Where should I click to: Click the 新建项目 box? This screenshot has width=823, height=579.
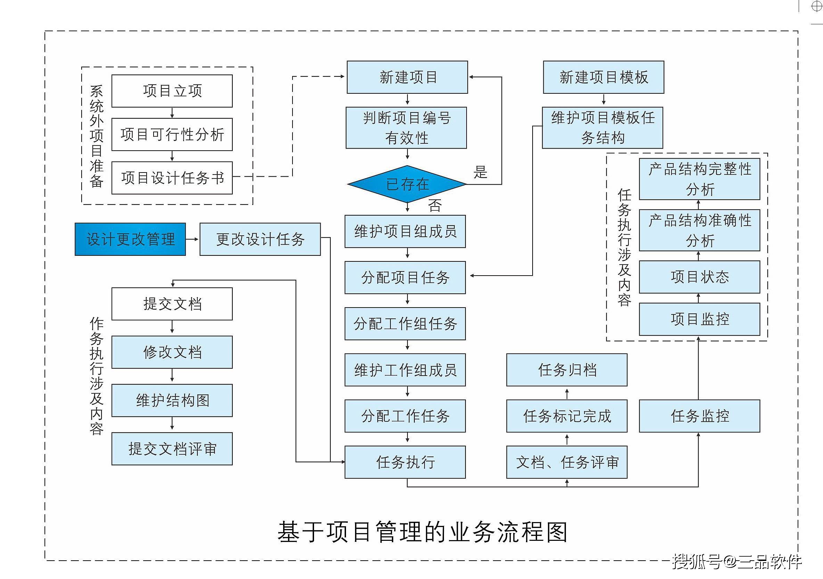coord(407,77)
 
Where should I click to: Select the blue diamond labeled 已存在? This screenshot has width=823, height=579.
coord(407,184)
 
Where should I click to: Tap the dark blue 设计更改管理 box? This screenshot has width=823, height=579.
coord(130,239)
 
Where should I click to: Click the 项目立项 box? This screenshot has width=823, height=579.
coord(172,91)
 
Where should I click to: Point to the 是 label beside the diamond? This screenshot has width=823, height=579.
coord(480,172)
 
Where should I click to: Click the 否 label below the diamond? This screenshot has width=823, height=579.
coord(435,205)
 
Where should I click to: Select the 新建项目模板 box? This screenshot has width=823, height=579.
coord(603,77)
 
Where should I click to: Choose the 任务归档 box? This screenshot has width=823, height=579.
coord(567,370)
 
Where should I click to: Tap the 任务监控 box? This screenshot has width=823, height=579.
coord(699,416)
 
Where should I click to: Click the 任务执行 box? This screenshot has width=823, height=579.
coord(405,462)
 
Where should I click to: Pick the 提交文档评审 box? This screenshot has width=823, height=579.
coord(172,449)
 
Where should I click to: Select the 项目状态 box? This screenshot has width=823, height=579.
coord(699,277)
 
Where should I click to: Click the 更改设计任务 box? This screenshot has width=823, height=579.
coord(260,239)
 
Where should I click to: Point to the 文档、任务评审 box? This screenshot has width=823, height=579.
coord(567,462)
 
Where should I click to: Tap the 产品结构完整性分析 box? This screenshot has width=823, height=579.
coord(699,179)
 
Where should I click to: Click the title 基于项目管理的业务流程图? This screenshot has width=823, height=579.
coord(422,532)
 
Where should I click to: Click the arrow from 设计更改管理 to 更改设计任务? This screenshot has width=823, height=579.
coord(192,239)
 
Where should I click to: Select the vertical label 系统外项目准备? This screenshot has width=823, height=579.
coord(97,136)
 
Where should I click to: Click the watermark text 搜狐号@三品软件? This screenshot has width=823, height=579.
coord(736,561)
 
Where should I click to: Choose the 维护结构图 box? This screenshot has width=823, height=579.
coord(172,400)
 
